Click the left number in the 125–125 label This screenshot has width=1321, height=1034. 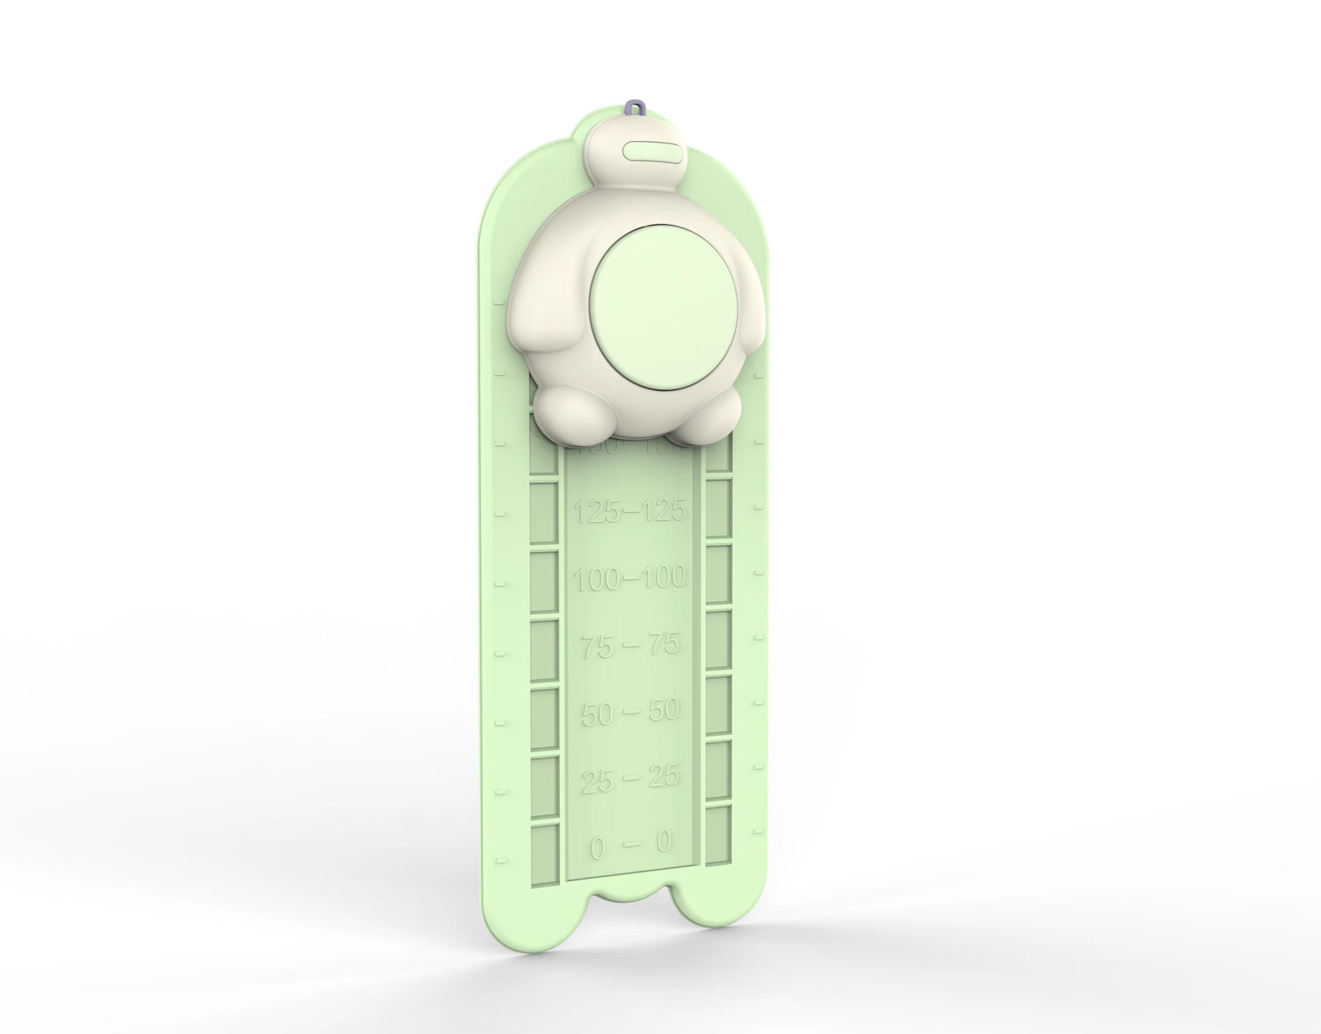point(597,512)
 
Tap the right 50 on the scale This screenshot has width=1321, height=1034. point(663,710)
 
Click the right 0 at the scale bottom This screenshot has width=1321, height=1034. point(663,841)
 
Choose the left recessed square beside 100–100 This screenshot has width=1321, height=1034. point(543,582)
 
